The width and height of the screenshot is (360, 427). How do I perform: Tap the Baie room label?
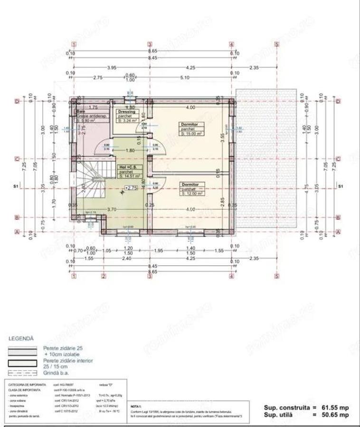pos(81,112)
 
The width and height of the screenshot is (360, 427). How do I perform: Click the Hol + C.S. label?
pos(127,167)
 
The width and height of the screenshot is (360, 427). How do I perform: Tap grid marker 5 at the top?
pos(277,45)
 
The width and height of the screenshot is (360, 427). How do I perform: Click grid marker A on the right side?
pos(338,232)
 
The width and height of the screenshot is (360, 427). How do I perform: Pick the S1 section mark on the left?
pos(16,187)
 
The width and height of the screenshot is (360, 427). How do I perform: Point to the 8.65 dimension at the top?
pos(152,50)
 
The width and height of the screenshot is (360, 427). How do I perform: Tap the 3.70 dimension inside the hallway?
pos(112,209)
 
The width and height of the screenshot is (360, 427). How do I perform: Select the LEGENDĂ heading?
pos(21,339)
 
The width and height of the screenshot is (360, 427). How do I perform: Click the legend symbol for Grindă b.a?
pos(22,373)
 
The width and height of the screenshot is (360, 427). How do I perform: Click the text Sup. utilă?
pos(281,415)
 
